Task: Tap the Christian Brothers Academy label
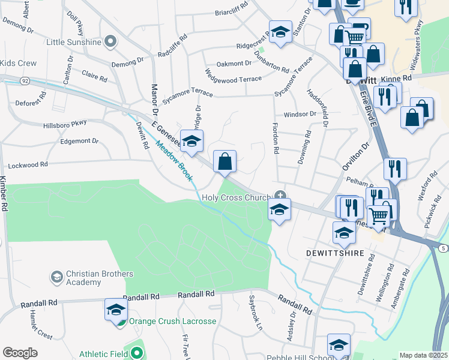point(91,278)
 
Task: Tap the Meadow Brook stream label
point(174,160)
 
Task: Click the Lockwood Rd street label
point(27,165)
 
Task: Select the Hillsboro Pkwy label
point(65,126)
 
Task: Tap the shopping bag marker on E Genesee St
point(224,161)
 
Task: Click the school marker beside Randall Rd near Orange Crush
point(116,310)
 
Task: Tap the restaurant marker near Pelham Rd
point(395,169)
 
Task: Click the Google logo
point(20,353)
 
